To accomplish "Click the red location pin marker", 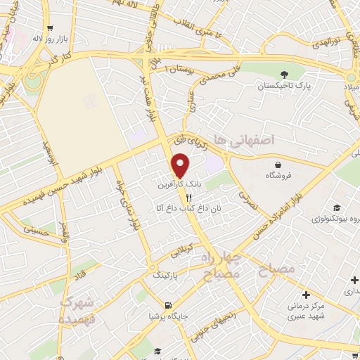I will tap(181, 165).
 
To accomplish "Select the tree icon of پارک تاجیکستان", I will tap(284, 75).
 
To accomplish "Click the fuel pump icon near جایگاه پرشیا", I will tap(167, 306).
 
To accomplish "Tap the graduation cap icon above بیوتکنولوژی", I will tap(337, 207).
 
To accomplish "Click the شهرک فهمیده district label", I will tap(78, 310).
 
